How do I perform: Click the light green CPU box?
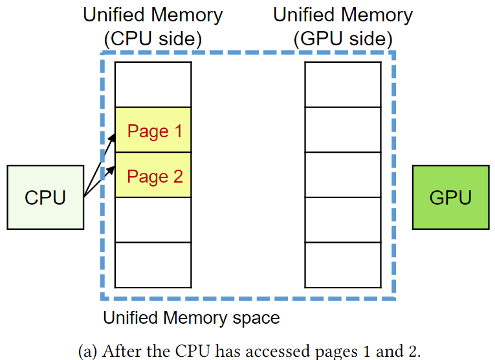pos(45,197)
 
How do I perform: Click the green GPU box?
pos(450,197)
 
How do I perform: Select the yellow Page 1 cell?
pos(153,130)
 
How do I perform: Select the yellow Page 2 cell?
pos(153,175)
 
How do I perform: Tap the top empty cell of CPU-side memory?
pos(153,85)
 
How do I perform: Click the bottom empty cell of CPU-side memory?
pos(153,265)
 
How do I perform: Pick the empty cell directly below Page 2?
pos(153,219)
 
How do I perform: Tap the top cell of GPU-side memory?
pos(343,85)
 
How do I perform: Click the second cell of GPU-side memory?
pos(343,129)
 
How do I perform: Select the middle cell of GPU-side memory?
pos(343,175)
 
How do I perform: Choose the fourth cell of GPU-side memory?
pos(343,219)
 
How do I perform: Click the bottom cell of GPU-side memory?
pos(343,265)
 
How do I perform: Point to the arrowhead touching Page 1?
pos(113,135)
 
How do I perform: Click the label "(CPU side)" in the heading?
pos(153,39)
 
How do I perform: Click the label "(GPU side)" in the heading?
pos(343,39)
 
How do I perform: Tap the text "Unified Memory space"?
pos(192,318)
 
